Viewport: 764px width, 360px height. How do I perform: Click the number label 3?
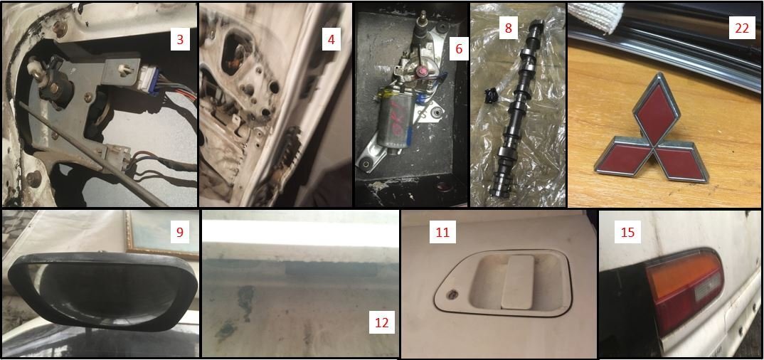click(x=180, y=39)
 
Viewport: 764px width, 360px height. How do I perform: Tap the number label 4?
click(x=331, y=39)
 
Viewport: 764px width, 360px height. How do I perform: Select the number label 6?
click(x=459, y=49)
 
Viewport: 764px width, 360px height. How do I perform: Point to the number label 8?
click(x=508, y=28)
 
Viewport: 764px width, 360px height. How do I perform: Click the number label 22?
click(x=741, y=28)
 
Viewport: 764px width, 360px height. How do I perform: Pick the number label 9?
click(x=180, y=233)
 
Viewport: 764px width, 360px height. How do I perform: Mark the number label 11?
click(x=442, y=233)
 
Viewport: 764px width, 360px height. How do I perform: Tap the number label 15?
click(x=628, y=233)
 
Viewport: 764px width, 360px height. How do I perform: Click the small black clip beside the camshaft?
click(x=489, y=93)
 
